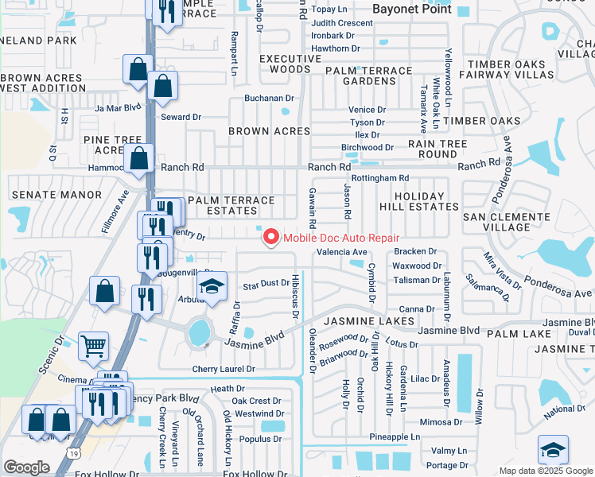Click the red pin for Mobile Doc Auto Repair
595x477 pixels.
pos(270,237)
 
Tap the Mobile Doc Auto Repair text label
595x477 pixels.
pos(341,238)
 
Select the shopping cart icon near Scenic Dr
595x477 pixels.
pos(94,346)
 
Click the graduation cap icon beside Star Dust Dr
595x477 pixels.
pos(212,287)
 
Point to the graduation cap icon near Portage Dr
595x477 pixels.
pos(553,450)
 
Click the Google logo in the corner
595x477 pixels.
pos(26,467)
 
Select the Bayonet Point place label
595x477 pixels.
pos(412,10)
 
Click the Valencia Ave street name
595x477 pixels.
pos(342,252)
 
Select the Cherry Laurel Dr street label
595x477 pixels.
pos(224,370)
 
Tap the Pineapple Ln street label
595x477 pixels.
pos(395,437)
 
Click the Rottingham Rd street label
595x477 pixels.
pos(379,178)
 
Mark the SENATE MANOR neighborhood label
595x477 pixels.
pos(52,195)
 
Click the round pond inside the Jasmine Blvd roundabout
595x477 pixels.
pos(200,332)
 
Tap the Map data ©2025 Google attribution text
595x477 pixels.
pos(546,471)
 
